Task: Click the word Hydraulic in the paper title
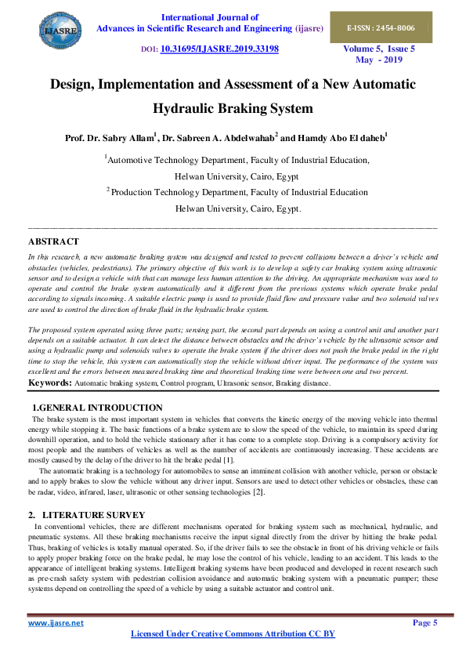189,108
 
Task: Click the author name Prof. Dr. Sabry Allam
109,138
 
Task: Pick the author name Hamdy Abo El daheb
343,138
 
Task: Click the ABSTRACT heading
53,241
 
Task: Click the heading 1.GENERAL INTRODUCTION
97,408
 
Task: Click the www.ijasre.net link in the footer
56,623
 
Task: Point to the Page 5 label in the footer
424,623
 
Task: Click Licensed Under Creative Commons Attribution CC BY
233,633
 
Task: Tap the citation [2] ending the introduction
258,492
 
